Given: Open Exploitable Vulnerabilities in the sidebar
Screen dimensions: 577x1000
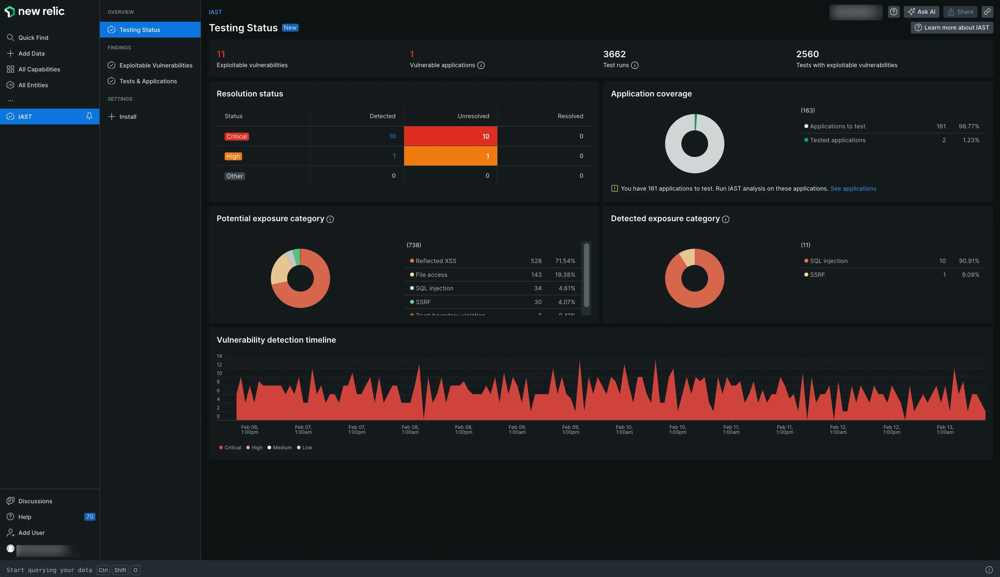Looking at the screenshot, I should click(x=155, y=66).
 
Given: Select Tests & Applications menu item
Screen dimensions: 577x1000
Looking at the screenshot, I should click(x=148, y=81).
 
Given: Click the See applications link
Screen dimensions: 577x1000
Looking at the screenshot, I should click(x=853, y=189).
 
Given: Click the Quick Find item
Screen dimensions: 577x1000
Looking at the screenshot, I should click(x=33, y=38).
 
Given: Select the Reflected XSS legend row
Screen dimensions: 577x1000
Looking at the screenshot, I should click(x=436, y=261).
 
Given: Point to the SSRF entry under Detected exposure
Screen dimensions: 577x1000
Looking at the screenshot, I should click(x=817, y=275).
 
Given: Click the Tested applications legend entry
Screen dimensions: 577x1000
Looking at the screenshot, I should click(x=837, y=140).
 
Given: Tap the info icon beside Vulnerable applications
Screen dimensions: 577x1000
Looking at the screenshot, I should click(x=481, y=66).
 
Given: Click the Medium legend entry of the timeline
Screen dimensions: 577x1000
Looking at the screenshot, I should click(x=282, y=447).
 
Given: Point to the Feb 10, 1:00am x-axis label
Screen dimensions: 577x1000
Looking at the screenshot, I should click(x=624, y=430).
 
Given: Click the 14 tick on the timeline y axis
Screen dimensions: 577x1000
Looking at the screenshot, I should click(x=219, y=356).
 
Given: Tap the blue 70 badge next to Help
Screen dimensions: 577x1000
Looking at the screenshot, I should click(x=90, y=517).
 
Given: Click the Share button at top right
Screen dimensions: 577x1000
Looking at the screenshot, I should click(x=960, y=12).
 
